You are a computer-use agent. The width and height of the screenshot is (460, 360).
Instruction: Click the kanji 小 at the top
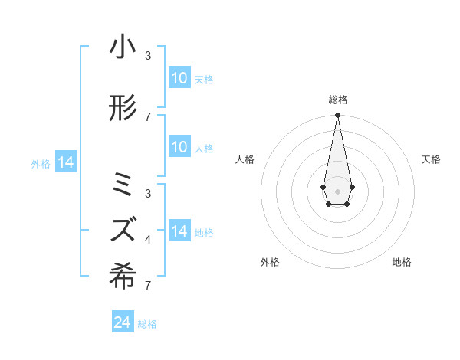click(x=123, y=47)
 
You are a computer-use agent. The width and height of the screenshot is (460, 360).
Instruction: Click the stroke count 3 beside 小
click(x=148, y=56)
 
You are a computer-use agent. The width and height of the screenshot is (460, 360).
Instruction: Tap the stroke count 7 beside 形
click(x=148, y=116)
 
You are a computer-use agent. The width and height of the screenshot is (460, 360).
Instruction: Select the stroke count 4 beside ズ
click(x=148, y=240)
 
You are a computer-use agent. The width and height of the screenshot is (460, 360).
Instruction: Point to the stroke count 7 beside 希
click(x=148, y=286)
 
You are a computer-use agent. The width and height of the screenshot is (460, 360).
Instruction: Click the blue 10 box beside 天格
click(x=179, y=78)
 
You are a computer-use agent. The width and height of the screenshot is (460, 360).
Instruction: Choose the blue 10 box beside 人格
click(x=179, y=148)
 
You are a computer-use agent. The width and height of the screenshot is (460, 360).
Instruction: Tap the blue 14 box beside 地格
click(x=179, y=231)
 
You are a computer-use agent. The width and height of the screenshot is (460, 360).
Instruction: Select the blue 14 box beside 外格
click(x=66, y=162)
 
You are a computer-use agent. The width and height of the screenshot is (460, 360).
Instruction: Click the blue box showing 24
click(x=123, y=322)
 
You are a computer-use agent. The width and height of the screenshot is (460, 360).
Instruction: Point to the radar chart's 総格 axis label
click(x=337, y=100)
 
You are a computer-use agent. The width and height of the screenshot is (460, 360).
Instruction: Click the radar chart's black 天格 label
click(x=431, y=159)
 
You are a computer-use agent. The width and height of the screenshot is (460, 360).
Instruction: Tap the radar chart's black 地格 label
click(x=402, y=262)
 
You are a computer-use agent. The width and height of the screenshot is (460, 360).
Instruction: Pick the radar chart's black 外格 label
click(x=270, y=262)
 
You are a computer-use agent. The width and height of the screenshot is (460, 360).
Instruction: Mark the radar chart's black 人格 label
click(x=245, y=159)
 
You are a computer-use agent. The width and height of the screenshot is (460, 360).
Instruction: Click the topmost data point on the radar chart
click(x=337, y=115)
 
